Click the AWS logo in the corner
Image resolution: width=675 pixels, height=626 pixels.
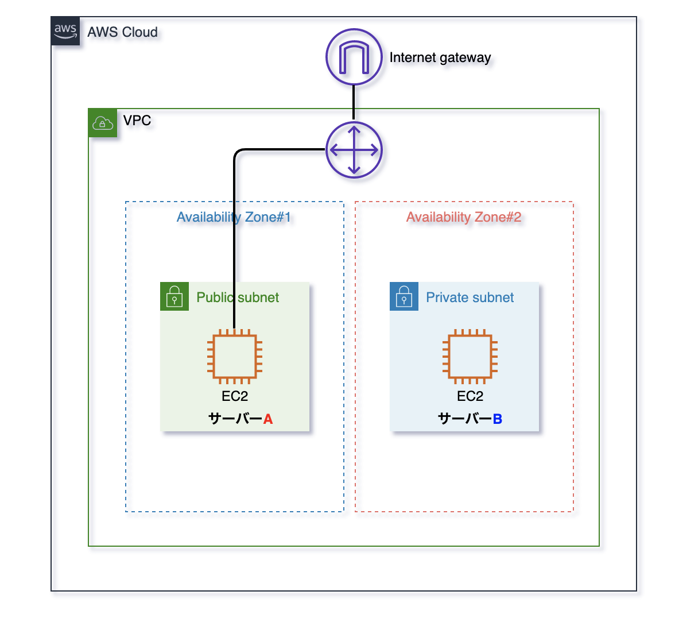tap(65, 31)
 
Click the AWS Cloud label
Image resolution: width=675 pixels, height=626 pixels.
tap(122, 32)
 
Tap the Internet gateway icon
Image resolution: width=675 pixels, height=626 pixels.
tap(354, 57)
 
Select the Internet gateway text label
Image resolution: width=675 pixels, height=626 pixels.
tap(440, 57)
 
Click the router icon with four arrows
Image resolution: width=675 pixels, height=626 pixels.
tap(354, 150)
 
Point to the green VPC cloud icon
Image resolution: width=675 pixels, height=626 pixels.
tap(103, 123)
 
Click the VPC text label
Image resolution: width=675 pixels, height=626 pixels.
tap(137, 121)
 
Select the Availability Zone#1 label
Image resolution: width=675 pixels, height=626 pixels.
tap(234, 217)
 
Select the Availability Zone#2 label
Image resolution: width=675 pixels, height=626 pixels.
tap(464, 217)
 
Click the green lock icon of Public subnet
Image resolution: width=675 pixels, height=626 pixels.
tap(174, 296)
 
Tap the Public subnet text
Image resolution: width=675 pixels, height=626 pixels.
tap(238, 297)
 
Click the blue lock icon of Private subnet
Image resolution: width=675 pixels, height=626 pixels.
tap(404, 296)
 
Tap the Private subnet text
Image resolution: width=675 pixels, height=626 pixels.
tap(470, 297)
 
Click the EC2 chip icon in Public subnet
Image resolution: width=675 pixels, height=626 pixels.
tap(235, 357)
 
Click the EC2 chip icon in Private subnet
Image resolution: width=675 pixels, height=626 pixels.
tap(470, 357)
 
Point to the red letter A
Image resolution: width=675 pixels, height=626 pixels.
tap(268, 419)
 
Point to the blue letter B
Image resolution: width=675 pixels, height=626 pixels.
tap(498, 419)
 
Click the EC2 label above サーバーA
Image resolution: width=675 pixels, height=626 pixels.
tap(235, 396)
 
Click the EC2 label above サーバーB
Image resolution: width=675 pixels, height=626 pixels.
tap(470, 396)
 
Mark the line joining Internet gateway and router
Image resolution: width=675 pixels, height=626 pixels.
tap(354, 103)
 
